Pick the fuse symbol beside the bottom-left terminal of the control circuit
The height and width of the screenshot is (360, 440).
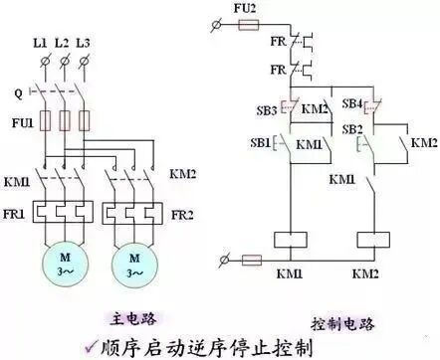click(x=253, y=259)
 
